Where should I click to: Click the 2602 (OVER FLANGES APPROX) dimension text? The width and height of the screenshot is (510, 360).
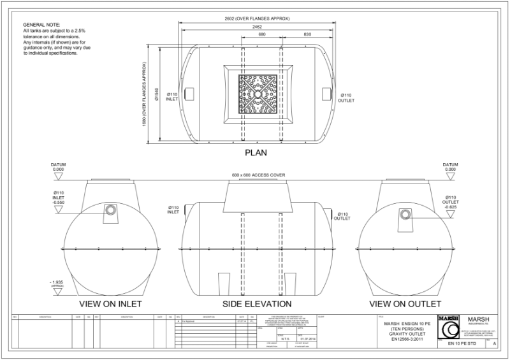pos(255,18)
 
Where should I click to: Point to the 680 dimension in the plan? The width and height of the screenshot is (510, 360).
pos(261,35)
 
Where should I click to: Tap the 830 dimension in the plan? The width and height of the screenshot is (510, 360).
pos(307,35)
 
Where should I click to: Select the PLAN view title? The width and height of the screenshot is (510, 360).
pos(257,153)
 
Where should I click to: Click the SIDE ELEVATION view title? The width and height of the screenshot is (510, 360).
pos(257,303)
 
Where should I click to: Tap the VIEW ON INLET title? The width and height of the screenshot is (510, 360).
pos(110,303)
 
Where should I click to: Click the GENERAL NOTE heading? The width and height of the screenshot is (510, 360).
pos(41,24)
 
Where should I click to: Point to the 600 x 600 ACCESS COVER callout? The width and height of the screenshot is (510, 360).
pos(257,175)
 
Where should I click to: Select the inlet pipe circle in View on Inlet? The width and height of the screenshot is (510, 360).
pos(110,210)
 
